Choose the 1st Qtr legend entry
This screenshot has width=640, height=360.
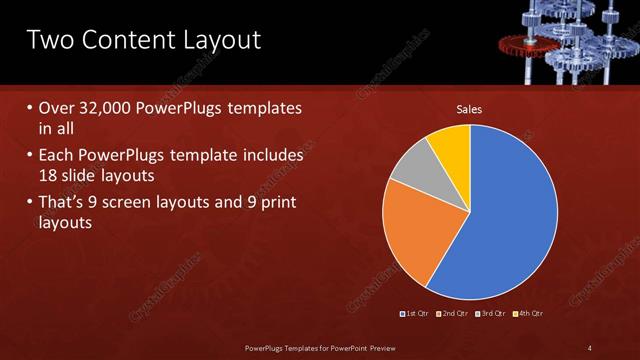point(414,314)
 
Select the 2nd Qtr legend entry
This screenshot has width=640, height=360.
point(453,314)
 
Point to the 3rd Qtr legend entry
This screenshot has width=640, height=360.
point(491,314)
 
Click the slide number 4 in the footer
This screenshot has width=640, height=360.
point(589,348)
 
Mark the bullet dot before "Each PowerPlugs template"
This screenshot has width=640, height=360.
point(29,156)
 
